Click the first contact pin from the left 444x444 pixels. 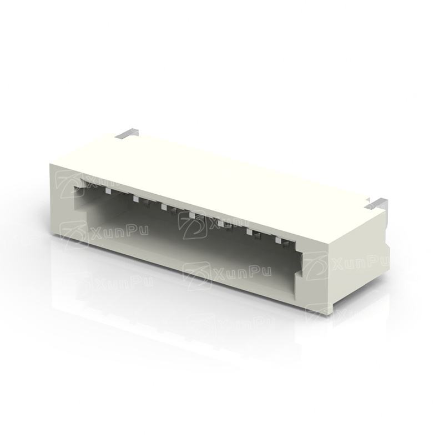coord(108,190)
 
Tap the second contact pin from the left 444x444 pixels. coord(136,199)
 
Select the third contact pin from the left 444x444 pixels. coord(164,207)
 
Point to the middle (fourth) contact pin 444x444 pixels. coord(193,215)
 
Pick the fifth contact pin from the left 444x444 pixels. coord(221,224)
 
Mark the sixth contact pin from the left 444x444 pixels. coord(250,232)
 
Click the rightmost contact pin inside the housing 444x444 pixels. coord(278,240)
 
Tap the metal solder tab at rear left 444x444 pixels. coord(128,133)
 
